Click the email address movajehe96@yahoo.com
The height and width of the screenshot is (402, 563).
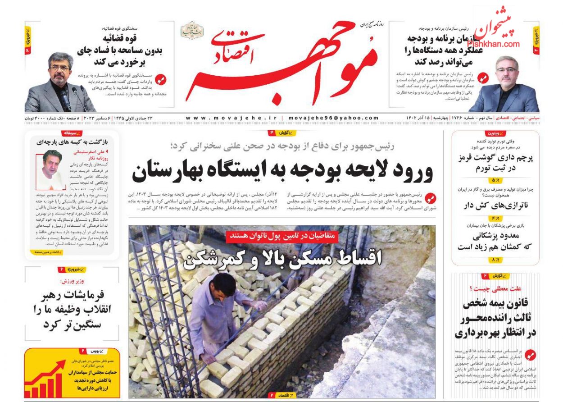(333, 118)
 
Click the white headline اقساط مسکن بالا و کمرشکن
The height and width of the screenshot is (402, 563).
(283, 257)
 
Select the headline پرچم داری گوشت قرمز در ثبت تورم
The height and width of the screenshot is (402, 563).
(495, 163)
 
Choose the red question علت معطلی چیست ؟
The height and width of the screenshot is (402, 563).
(495, 288)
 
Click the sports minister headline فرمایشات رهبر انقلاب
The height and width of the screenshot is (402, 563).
(72, 310)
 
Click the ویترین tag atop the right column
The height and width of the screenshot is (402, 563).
(495, 133)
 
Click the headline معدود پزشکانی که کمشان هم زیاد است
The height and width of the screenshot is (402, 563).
(495, 242)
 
